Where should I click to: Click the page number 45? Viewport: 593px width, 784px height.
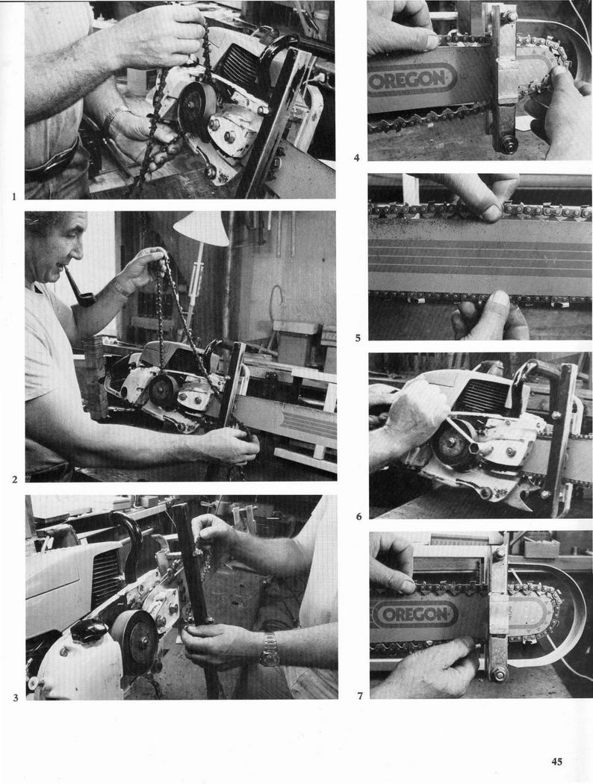556,762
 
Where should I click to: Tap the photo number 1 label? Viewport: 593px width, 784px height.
14,196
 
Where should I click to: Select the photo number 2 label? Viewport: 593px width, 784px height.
14,479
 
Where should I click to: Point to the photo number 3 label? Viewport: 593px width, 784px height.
16,697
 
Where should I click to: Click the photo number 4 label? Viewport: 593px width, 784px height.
356,158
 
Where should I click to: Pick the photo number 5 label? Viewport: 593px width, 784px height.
358,338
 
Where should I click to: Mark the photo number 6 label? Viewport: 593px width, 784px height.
358,517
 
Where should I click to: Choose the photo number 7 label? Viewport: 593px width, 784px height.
359,695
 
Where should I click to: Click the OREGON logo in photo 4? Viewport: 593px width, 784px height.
412,80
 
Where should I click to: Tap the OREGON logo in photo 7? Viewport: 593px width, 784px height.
416,614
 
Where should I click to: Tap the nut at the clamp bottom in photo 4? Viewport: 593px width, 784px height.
504,148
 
